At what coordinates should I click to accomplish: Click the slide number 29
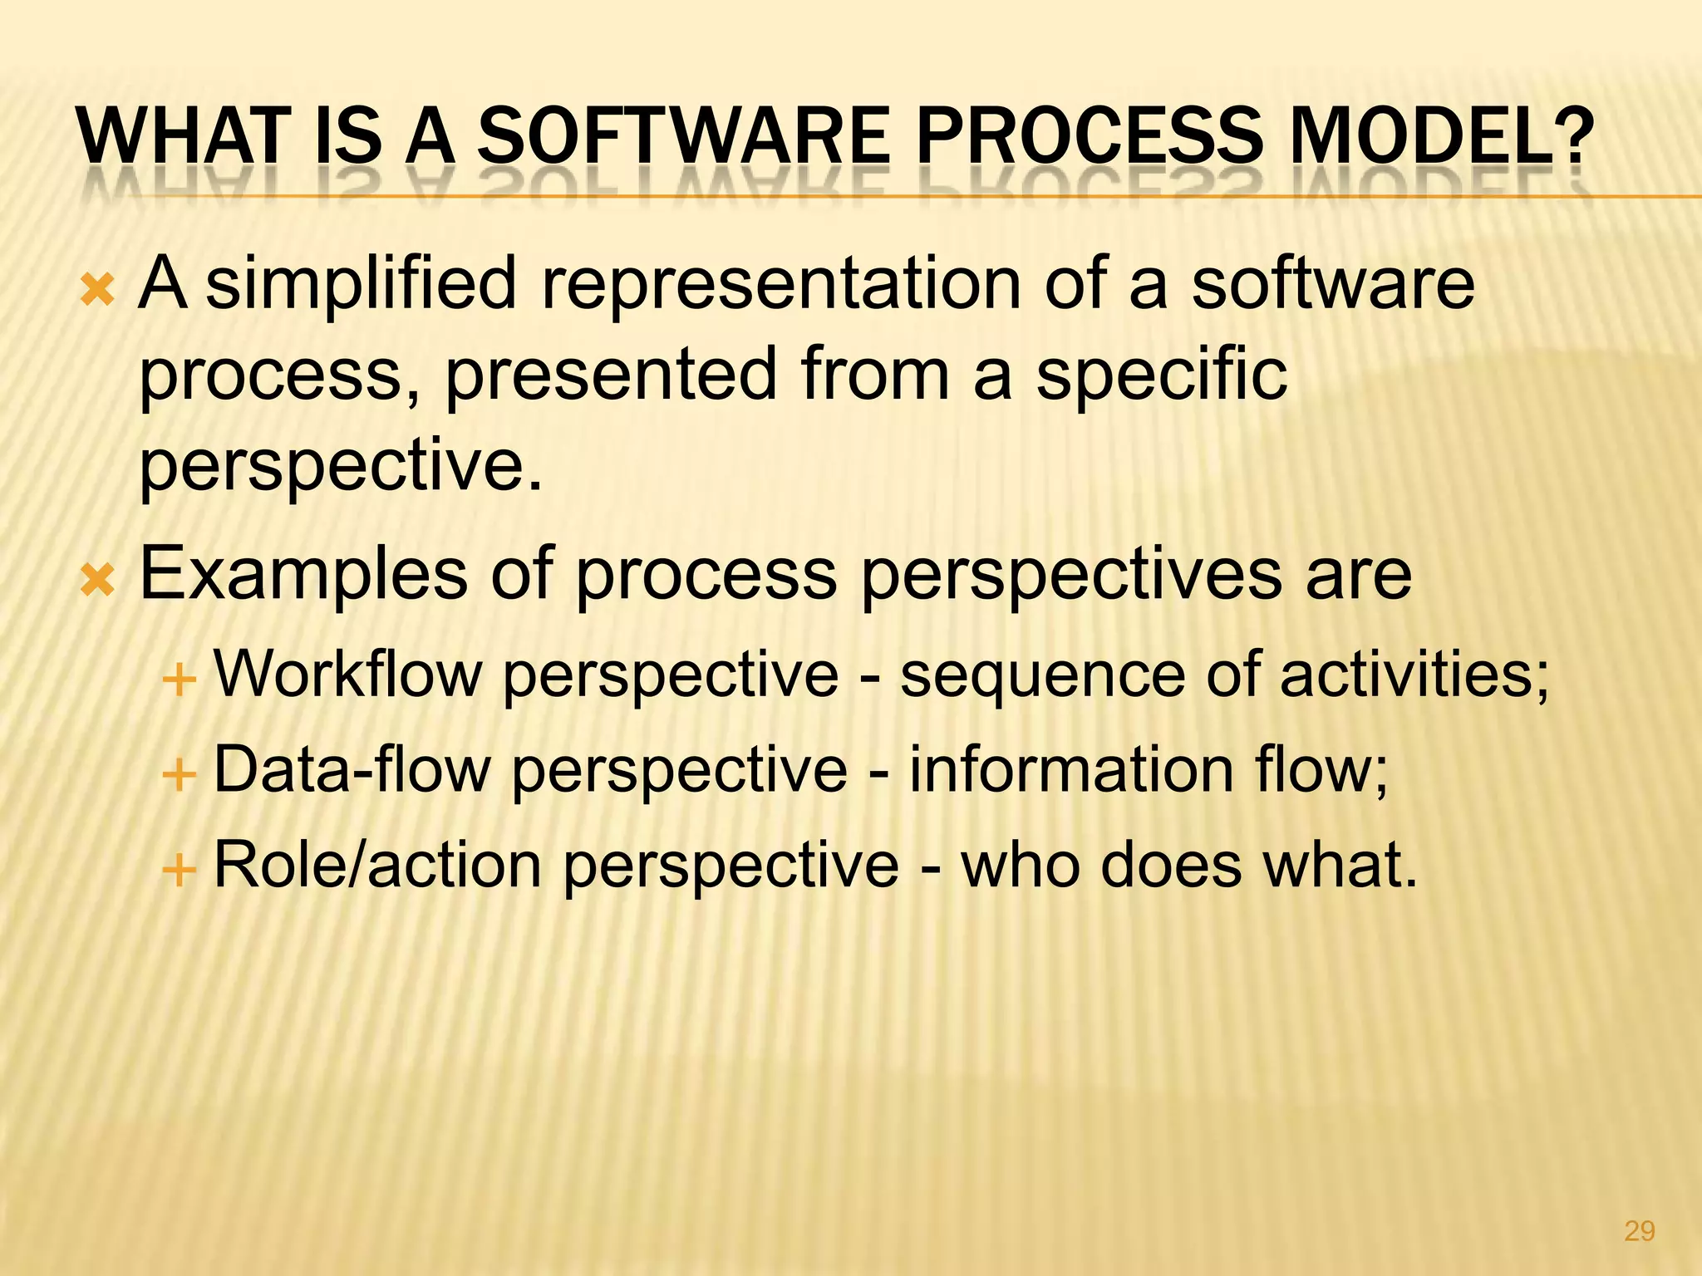[x=1639, y=1230]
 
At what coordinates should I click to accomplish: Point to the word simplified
[x=362, y=284]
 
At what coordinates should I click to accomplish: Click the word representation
[x=781, y=284]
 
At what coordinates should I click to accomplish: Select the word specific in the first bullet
[x=1161, y=374]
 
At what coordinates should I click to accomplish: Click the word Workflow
[x=347, y=674]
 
